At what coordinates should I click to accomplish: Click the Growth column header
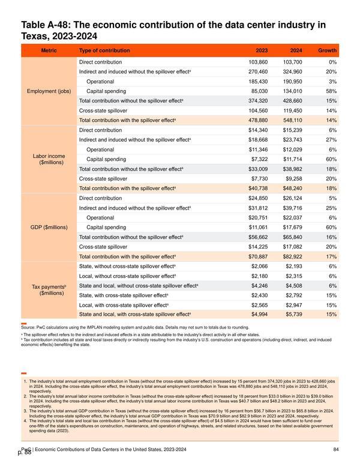(x=328, y=50)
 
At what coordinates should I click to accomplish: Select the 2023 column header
(x=262, y=50)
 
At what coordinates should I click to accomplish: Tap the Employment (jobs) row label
(x=49, y=91)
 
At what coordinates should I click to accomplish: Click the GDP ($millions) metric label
(x=49, y=228)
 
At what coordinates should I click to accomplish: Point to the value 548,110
(x=292, y=120)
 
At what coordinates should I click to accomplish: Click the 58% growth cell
(x=331, y=91)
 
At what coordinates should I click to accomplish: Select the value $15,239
(x=292, y=130)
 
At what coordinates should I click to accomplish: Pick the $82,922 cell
(x=292, y=256)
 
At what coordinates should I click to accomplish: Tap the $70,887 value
(x=258, y=256)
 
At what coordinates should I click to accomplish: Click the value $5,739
(x=294, y=315)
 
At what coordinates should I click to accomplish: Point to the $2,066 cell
(x=260, y=266)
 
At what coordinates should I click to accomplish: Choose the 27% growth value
(x=331, y=140)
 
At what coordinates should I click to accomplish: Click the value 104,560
(x=258, y=110)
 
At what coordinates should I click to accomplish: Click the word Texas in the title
(x=34, y=36)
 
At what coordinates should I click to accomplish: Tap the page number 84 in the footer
(x=336, y=449)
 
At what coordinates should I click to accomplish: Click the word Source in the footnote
(x=28, y=327)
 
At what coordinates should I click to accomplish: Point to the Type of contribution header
(x=104, y=50)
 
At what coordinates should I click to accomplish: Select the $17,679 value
(x=292, y=228)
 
